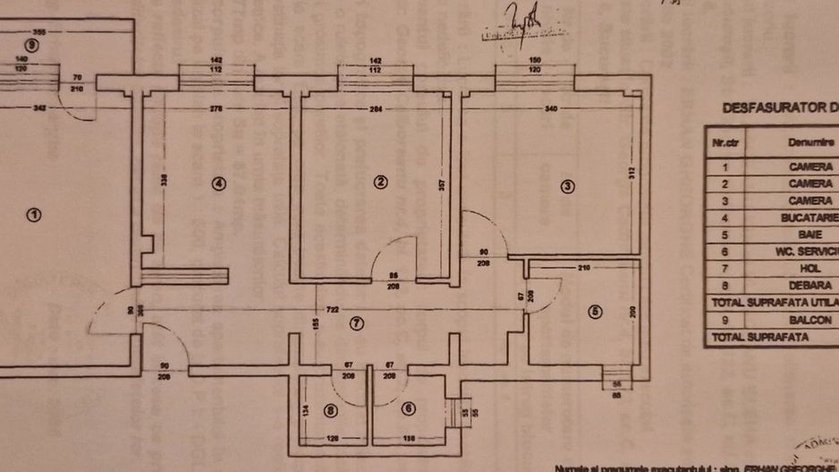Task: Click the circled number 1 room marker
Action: (x=33, y=215)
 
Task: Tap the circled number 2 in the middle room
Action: (x=380, y=182)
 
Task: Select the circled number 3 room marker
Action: (x=566, y=186)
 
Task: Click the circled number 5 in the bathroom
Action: (x=596, y=312)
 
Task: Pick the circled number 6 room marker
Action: (x=409, y=409)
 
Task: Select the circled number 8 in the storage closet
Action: (x=330, y=410)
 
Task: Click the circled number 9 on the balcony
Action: (x=33, y=45)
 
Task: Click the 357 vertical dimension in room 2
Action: (x=439, y=185)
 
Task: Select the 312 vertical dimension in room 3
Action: (x=631, y=173)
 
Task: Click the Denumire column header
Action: (x=810, y=142)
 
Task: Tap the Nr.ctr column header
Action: (x=725, y=142)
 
